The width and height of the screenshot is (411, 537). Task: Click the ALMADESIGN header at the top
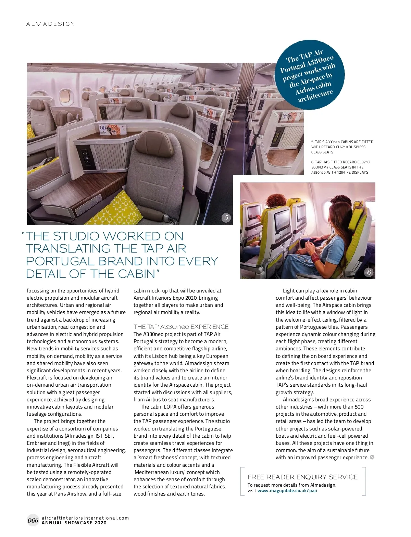tap(51, 24)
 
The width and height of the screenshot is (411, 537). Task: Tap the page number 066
tap(33, 521)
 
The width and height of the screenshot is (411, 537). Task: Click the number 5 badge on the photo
tap(226, 217)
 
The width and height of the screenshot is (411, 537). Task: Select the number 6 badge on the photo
tap(369, 272)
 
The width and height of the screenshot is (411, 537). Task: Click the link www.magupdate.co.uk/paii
tap(287, 490)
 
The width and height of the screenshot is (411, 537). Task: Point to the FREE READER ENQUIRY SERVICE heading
tap(302, 477)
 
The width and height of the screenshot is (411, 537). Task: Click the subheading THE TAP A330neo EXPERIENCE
tap(181, 327)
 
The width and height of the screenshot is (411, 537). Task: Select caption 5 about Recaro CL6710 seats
tap(342, 147)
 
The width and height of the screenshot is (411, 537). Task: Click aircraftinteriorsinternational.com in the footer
tap(85, 518)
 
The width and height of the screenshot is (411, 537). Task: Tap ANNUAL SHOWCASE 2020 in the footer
tap(74, 523)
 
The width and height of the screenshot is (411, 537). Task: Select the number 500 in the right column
tap(359, 407)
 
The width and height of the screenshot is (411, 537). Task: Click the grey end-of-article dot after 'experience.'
tap(372, 457)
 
